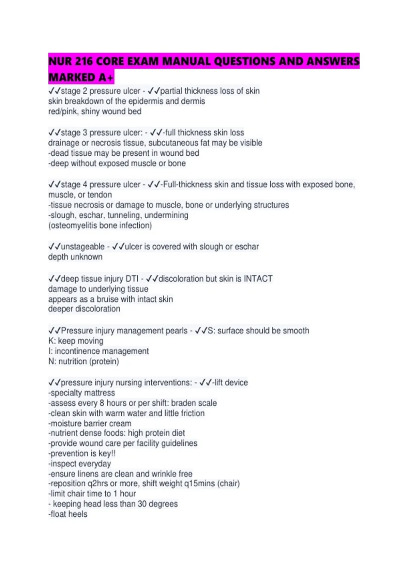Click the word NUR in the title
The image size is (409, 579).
[x=60, y=61]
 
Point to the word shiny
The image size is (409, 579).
[x=91, y=111]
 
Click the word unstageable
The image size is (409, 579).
[x=82, y=247]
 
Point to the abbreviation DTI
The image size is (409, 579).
[x=132, y=279]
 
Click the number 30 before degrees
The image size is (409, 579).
[x=142, y=504]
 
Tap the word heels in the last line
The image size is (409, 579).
[x=78, y=514]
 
